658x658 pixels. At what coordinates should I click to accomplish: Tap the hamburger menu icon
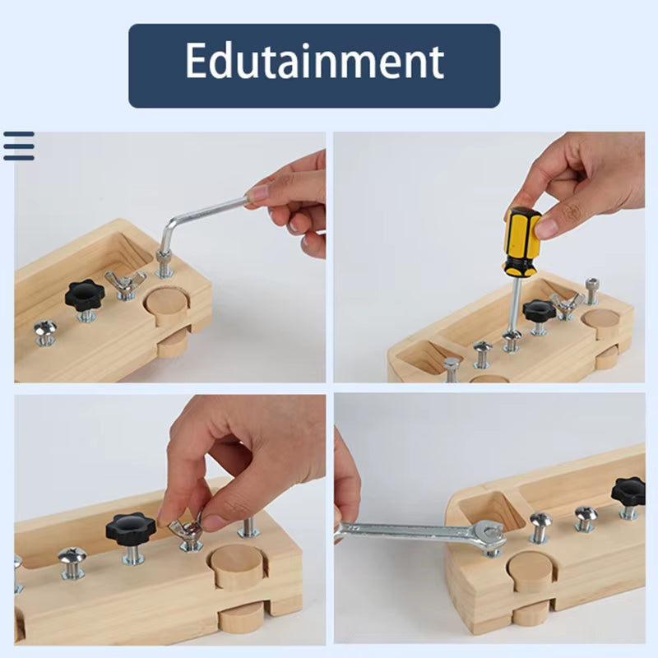(18, 146)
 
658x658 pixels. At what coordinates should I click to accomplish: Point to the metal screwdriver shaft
(514, 304)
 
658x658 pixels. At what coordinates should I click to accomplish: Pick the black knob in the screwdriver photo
(539, 311)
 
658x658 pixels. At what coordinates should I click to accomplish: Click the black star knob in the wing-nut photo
(131, 526)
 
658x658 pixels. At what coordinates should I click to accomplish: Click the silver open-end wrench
(419, 534)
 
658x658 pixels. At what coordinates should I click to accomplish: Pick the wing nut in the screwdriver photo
(566, 305)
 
